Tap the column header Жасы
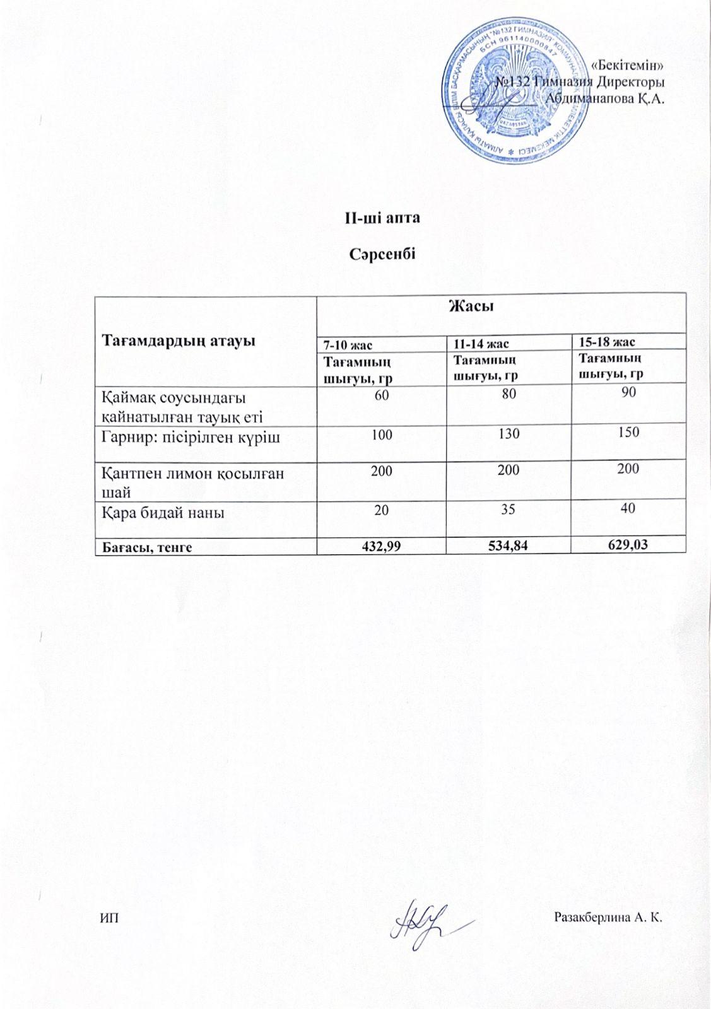pos(471,307)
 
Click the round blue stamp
pos(513,90)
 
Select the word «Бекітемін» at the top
pos(628,64)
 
